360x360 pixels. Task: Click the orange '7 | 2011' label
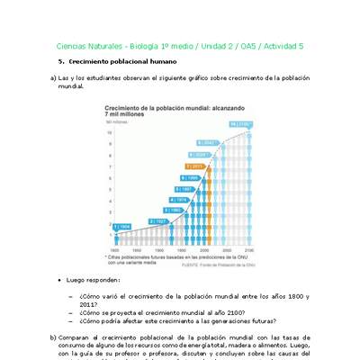click(195, 166)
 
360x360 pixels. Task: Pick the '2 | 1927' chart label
click(158, 220)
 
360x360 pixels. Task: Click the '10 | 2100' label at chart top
click(240, 124)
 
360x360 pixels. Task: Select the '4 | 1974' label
click(181, 199)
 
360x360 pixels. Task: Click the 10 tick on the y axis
click(110, 132)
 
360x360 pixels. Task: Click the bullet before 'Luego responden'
click(71, 281)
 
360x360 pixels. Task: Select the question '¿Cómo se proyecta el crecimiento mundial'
click(162, 309)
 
